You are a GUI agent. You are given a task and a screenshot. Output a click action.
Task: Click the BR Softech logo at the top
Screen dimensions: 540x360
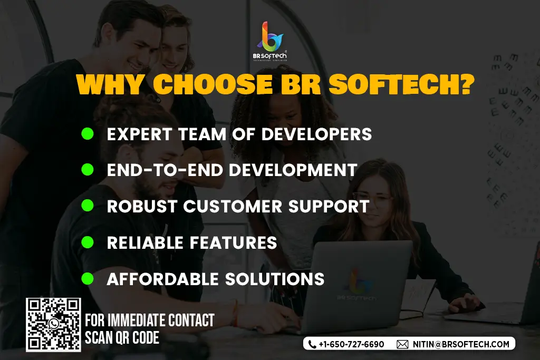(x=269, y=41)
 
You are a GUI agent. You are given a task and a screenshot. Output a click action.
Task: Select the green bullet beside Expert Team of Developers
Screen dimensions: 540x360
(x=88, y=133)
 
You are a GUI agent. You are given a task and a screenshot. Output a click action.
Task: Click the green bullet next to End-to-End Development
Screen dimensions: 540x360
(x=88, y=169)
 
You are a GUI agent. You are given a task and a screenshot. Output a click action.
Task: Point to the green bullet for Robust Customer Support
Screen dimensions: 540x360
(x=88, y=206)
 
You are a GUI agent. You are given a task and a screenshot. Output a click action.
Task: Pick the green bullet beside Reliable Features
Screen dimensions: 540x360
(x=88, y=242)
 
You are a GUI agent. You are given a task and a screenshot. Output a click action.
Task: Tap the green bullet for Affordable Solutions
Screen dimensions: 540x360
(x=88, y=278)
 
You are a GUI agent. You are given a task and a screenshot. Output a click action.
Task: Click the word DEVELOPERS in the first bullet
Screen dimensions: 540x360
(x=316, y=134)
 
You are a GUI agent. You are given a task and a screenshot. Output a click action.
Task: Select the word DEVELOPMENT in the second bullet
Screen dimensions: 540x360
(x=293, y=170)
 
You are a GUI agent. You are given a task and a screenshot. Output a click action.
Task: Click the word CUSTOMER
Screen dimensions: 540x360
(x=233, y=206)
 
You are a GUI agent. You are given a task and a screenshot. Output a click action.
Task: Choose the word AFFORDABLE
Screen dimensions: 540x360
(x=162, y=279)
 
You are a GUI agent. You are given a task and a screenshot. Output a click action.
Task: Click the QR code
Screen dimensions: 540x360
(x=53, y=325)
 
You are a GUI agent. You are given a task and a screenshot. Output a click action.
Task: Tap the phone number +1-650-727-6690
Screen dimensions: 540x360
(x=351, y=344)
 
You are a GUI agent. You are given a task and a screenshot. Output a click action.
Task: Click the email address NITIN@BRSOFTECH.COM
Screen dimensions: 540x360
(x=461, y=344)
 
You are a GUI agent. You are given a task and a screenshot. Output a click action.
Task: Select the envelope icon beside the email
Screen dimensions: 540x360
(x=402, y=344)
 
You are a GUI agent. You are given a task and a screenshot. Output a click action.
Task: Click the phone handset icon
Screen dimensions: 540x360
(x=312, y=344)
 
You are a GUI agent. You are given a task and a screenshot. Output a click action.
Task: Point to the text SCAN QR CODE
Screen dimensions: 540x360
(x=122, y=338)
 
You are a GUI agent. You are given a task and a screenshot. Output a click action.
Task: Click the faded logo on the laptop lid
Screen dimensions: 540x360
(x=356, y=284)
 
